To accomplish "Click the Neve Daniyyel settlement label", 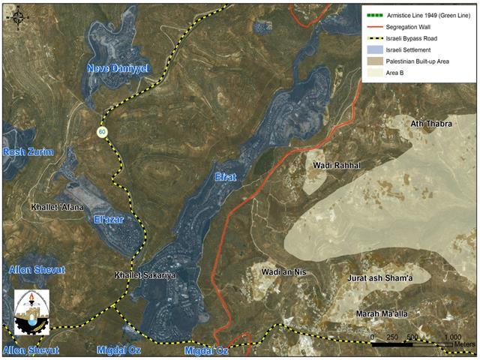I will point(118,68).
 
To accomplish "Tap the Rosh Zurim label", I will point(28,152).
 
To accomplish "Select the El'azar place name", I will point(109,219).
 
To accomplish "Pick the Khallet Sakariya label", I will point(145,275).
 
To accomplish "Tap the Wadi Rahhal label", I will point(336,165).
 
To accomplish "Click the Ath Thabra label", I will point(431,124).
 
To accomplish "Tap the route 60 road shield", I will point(100,132).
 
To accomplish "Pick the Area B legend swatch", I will point(373,73).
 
